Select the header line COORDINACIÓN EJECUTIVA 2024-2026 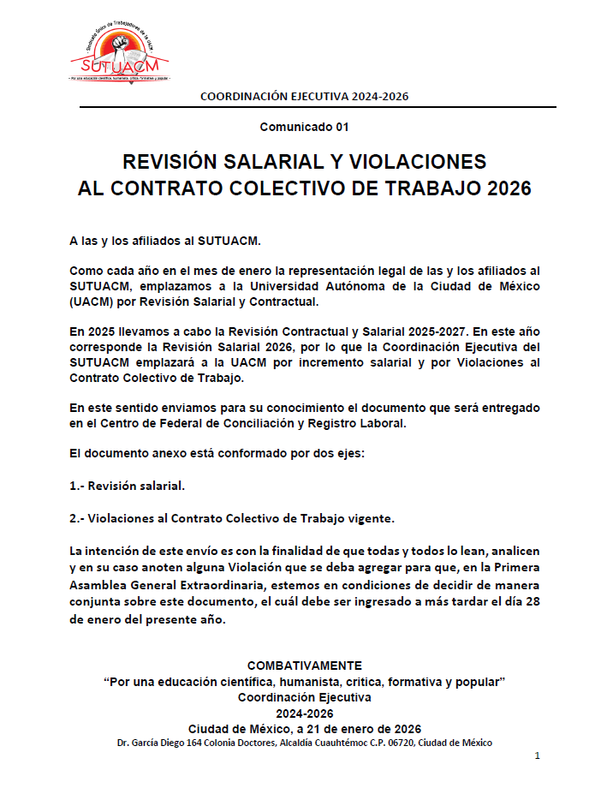tap(304, 96)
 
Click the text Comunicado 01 tap(304, 127)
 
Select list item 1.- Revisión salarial tap(127, 486)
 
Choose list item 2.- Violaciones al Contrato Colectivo tap(231, 518)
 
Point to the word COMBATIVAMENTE tap(304, 666)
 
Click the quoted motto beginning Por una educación tap(304, 681)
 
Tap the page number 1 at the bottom tap(537, 756)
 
